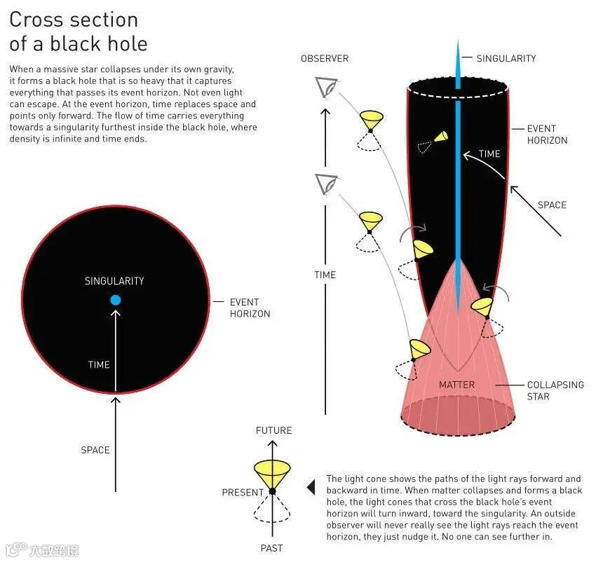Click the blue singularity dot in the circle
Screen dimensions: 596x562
coord(116,300)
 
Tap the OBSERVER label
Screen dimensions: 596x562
coord(325,59)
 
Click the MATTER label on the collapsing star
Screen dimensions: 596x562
coord(456,385)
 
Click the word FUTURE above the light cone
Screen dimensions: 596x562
coord(273,430)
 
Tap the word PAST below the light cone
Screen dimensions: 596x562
coord(272,547)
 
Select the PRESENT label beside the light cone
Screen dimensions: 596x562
coord(243,493)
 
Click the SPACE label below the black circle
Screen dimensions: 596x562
coord(95,450)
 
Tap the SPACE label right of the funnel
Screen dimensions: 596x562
coord(552,205)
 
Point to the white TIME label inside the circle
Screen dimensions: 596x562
coord(99,364)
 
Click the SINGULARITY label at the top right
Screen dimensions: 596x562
coord(506,59)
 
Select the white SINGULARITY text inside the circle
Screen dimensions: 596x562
coord(114,281)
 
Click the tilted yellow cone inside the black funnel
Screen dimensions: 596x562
coord(440,137)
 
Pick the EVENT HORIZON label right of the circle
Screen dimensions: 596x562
coord(250,308)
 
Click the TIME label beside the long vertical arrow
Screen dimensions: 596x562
coord(325,275)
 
